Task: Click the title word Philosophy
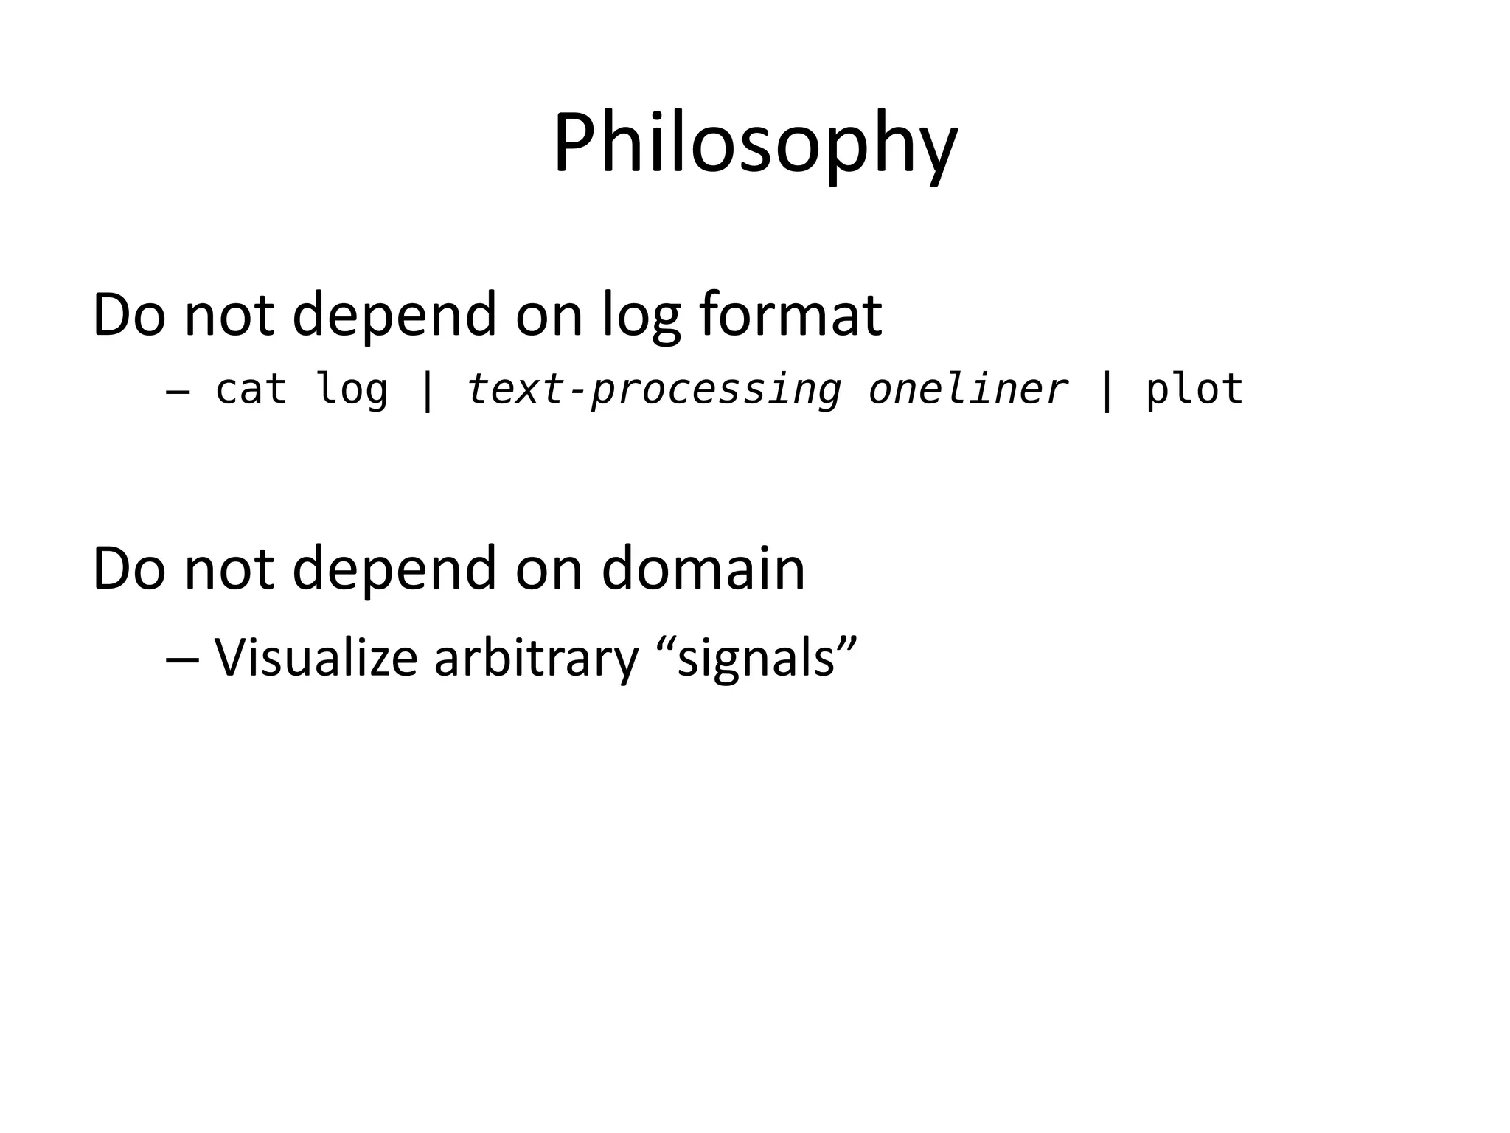pos(755,144)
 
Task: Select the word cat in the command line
pos(251,389)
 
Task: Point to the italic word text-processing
pos(653,389)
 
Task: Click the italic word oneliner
pos(968,389)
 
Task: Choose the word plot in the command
pos(1194,389)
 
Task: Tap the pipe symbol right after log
pos(427,389)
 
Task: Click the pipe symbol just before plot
pos(1106,389)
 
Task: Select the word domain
pos(703,569)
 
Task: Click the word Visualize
pos(316,657)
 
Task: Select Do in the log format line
pos(128,315)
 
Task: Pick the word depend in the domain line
pos(394,570)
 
